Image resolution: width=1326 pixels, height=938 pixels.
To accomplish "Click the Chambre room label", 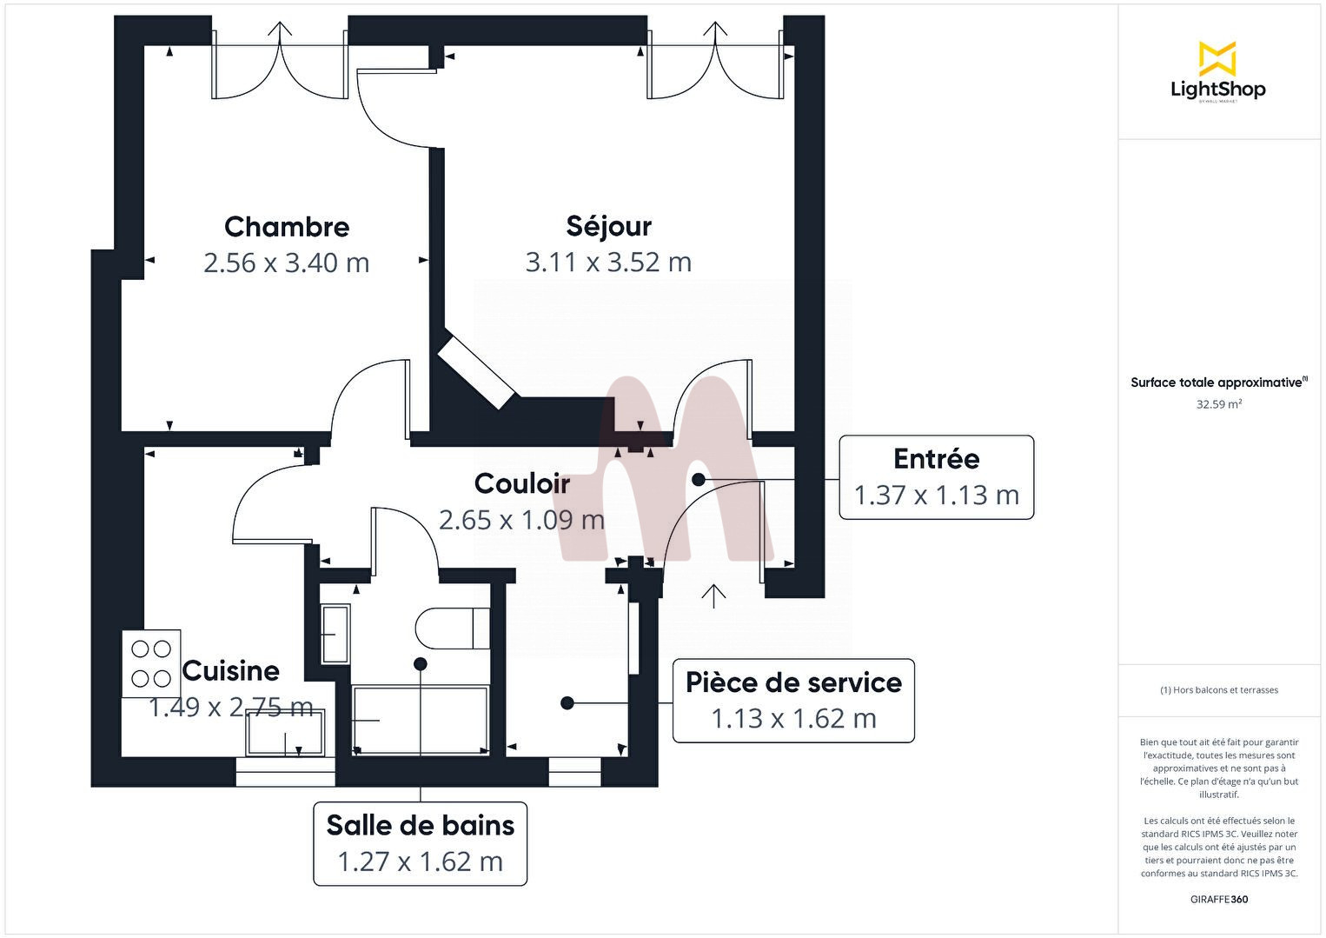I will [287, 227].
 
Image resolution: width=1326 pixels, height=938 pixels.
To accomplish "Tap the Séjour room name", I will [608, 226].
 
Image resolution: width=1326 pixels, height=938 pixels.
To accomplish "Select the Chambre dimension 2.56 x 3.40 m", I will [287, 263].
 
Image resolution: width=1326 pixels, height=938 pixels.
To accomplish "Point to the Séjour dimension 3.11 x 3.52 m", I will [608, 262].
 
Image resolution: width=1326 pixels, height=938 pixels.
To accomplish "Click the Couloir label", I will [521, 483].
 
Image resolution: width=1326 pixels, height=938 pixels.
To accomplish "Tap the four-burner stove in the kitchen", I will [151, 663].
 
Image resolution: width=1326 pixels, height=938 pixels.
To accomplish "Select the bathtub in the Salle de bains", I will [421, 720].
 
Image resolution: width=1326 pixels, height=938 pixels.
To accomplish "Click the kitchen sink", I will [285, 732].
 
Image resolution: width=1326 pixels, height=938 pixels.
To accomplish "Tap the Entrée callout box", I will [936, 477].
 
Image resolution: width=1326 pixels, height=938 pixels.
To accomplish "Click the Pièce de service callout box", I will [793, 701].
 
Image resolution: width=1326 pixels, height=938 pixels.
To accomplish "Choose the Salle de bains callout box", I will [420, 843].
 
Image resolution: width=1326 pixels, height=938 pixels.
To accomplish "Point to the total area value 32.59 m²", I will [1218, 404].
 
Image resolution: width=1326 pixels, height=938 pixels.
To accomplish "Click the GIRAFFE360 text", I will [1218, 900].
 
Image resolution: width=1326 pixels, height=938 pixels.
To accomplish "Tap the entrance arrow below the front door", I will [713, 595].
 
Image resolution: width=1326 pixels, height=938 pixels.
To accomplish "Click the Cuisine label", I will [231, 671].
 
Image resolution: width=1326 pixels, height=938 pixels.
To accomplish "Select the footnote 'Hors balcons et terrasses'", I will [1218, 690].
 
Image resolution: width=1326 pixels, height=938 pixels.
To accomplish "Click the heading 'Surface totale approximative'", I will [1217, 383].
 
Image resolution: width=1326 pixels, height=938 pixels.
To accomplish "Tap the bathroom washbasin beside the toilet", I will [335, 635].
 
